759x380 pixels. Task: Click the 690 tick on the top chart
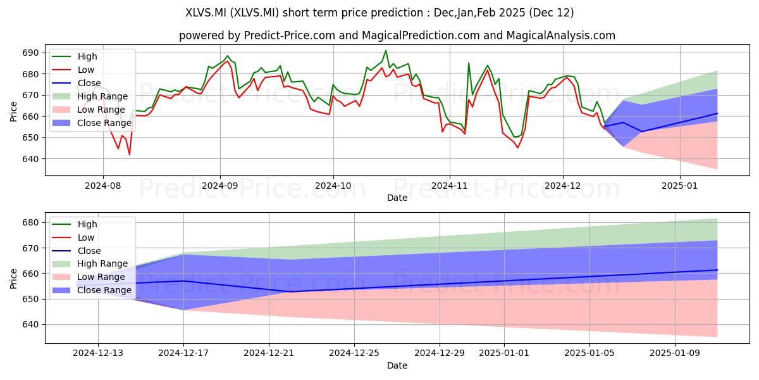(30, 53)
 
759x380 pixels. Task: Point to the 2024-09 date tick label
(220, 186)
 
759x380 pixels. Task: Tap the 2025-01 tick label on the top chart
(680, 186)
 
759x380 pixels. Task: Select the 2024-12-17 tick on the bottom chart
(183, 353)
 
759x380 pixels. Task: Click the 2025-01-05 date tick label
(589, 353)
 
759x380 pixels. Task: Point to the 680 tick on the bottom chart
(30, 222)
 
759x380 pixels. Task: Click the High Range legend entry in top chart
(90, 96)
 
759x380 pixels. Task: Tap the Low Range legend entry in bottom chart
(89, 277)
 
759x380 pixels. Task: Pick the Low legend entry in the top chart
(73, 70)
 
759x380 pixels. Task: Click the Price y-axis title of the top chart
(13, 111)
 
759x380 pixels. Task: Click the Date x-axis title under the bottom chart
(397, 365)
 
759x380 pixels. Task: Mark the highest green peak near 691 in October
(386, 51)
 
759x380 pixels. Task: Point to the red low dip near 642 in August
(129, 155)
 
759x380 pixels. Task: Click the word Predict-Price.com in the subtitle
(290, 35)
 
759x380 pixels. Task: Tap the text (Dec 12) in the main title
(552, 13)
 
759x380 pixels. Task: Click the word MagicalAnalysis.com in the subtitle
(561, 35)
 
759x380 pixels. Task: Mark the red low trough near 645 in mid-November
(517, 148)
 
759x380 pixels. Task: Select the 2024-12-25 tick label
(354, 353)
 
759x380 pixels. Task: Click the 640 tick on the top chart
(30, 159)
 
